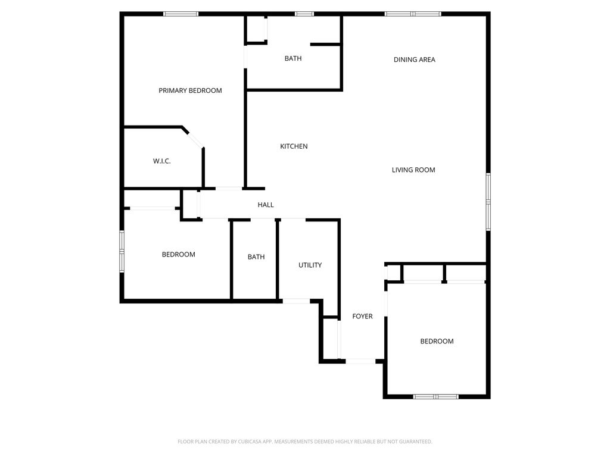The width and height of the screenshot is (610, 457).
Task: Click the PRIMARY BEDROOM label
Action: pyautogui.click(x=190, y=90)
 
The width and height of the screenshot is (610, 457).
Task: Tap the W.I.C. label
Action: pyautogui.click(x=162, y=161)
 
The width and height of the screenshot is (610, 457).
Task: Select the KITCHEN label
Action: pyautogui.click(x=294, y=146)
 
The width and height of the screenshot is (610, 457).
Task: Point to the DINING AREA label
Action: pyautogui.click(x=414, y=60)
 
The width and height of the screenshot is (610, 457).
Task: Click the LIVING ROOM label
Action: pyautogui.click(x=413, y=170)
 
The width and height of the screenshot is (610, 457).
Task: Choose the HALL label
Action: pyautogui.click(x=266, y=205)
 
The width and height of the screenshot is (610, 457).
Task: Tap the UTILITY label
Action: pyautogui.click(x=310, y=265)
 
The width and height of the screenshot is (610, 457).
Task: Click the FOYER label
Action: pyautogui.click(x=362, y=316)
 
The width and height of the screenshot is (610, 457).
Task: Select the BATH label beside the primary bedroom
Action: pyautogui.click(x=293, y=58)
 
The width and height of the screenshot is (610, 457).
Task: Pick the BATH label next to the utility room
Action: pyautogui.click(x=256, y=257)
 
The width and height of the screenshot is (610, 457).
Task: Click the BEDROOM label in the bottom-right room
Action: pyautogui.click(x=437, y=341)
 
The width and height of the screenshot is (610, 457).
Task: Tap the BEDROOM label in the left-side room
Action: pyautogui.click(x=179, y=254)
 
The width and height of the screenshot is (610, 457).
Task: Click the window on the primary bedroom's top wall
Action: pyautogui.click(x=181, y=14)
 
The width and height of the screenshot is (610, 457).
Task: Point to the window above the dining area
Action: pyautogui.click(x=413, y=14)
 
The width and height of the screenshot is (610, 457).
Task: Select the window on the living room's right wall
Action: pyautogui.click(x=487, y=202)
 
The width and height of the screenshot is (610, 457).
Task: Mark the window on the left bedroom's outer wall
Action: pyautogui.click(x=122, y=251)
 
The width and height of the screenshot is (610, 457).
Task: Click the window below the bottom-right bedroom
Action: pyautogui.click(x=436, y=396)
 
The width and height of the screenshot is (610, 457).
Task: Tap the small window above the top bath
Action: pyautogui.click(x=304, y=14)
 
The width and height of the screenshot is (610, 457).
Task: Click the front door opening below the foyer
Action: pyautogui.click(x=360, y=361)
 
